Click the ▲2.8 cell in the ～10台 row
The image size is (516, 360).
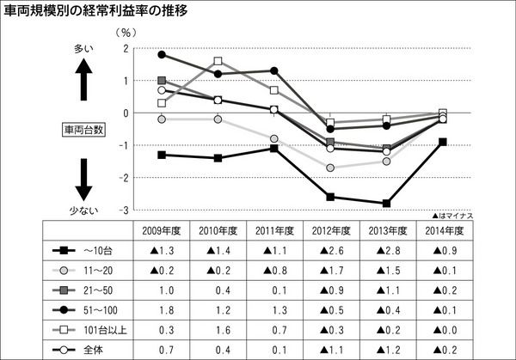(x=386, y=251)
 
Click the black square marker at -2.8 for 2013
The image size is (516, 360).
(x=386, y=204)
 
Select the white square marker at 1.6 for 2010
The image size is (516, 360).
(x=218, y=61)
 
